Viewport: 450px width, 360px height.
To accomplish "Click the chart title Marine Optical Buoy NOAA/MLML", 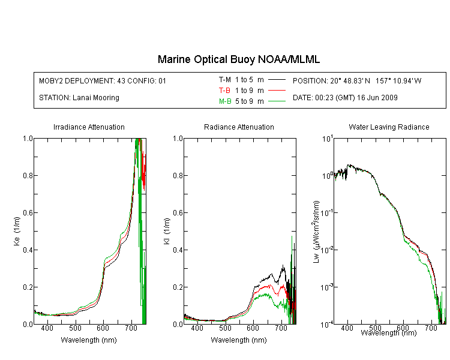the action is coord(238,59).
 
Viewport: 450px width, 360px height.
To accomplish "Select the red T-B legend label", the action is coord(224,91).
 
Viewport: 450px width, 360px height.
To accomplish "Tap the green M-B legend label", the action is coord(225,101).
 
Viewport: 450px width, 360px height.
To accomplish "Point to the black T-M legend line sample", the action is coord(277,80).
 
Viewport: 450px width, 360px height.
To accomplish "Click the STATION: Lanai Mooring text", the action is coord(79,98).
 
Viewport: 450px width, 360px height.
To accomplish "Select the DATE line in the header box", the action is coord(345,98).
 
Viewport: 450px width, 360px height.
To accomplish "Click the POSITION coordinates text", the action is coord(357,80).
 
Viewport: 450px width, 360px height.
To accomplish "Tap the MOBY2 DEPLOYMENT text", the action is coord(103,80).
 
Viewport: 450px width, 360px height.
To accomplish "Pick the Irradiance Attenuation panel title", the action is coord(89,127).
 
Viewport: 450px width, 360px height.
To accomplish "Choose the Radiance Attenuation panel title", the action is coord(239,127).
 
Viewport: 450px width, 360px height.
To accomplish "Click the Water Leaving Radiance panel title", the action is coord(389,127).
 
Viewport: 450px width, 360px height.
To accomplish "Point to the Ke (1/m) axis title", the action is coord(17,232).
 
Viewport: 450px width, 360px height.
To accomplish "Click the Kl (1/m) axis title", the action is coord(167,232).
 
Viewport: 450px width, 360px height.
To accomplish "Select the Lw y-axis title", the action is coord(316,232).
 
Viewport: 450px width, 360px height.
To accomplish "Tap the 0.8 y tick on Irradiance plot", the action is coord(28,175).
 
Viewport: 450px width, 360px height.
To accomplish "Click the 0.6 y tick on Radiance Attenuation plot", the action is coord(178,213).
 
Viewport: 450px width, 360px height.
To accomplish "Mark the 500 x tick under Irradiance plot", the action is coord(75,328).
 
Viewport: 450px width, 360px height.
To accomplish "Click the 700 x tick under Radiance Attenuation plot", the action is coord(281,328).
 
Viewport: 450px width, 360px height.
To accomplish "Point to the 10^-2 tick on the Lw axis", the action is coord(326,250).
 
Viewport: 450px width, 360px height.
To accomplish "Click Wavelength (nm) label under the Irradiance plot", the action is coord(89,340).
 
